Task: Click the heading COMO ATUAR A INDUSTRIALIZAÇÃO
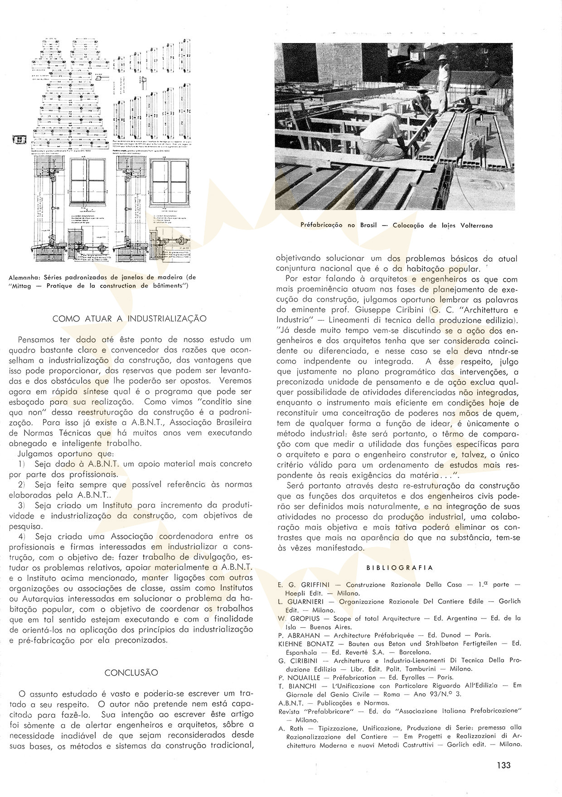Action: pyautogui.click(x=130, y=318)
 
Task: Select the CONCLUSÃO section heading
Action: pyautogui.click(x=131, y=672)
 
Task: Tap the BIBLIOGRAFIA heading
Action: pyautogui.click(x=399, y=568)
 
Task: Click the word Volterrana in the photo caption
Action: pyautogui.click(x=474, y=225)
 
